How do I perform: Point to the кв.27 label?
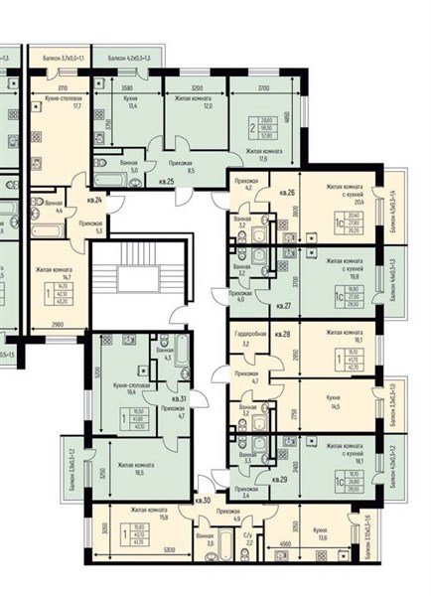(x=284, y=306)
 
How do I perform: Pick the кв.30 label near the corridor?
(x=203, y=500)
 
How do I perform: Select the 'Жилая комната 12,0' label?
(x=196, y=104)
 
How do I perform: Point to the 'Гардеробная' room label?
(x=249, y=334)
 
